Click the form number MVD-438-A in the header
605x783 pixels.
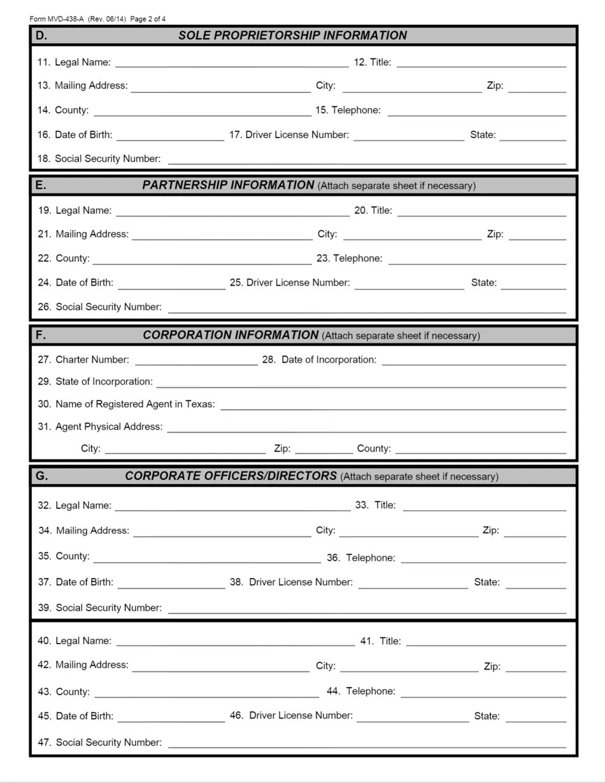point(66,19)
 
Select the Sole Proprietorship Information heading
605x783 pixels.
point(292,36)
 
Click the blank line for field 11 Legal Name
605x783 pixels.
point(232,62)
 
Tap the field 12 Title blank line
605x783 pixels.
point(481,62)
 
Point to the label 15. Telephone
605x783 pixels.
point(348,110)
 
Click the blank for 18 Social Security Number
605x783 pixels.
point(367,159)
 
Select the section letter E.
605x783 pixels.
point(41,185)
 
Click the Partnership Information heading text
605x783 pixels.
point(228,185)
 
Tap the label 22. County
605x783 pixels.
point(64,259)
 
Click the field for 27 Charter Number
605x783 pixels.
point(196,361)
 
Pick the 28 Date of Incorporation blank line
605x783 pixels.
point(474,361)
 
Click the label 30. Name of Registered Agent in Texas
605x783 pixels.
point(126,405)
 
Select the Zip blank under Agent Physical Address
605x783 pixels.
point(324,449)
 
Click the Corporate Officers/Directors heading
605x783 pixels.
point(231,477)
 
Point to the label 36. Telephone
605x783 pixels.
point(360,558)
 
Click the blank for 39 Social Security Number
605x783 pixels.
point(367,608)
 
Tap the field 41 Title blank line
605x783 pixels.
point(486,642)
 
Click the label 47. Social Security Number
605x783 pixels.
point(99,743)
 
